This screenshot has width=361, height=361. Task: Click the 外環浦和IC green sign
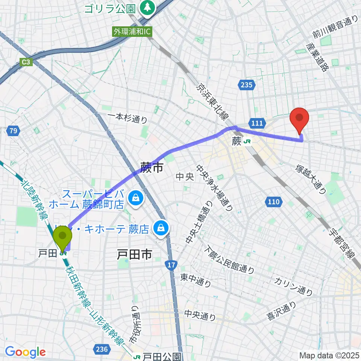[132, 32]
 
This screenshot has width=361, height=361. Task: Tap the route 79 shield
[13, 131]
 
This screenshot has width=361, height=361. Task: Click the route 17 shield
[171, 266]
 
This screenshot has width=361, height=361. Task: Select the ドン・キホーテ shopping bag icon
[161, 228]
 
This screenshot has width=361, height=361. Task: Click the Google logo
[26, 352]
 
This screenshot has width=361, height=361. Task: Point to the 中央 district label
[185, 176]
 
